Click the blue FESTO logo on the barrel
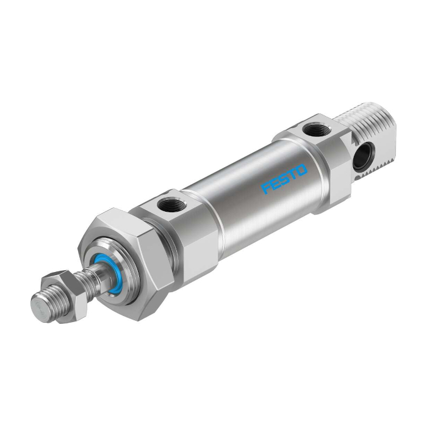coord(284,178)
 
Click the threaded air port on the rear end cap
coord(318,129)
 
